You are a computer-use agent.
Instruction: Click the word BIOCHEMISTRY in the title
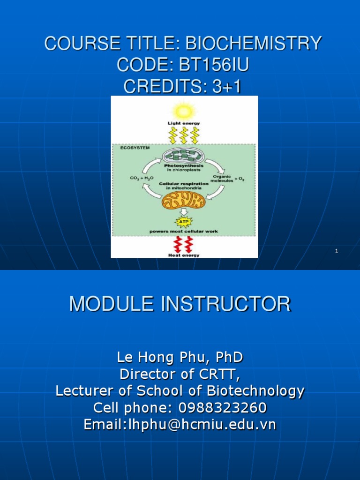[x=254, y=44]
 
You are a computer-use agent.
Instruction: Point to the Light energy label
[x=184, y=123]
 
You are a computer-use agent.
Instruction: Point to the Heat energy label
[x=183, y=255]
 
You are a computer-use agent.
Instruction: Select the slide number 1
[x=337, y=251]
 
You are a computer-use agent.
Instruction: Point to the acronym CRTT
[x=220, y=374]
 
